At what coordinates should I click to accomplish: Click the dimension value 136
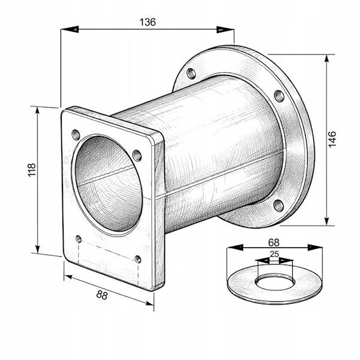148,22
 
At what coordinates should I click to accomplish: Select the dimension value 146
332,139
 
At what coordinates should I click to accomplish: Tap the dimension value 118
32,170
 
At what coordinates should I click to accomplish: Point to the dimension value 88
102,295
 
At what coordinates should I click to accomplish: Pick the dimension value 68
274,242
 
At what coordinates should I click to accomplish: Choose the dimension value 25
274,254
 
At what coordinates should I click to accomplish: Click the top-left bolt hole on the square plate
76,135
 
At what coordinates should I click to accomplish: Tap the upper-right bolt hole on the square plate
137,155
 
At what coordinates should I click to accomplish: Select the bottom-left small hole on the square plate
79,239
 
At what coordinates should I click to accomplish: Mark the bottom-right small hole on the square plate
138,259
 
